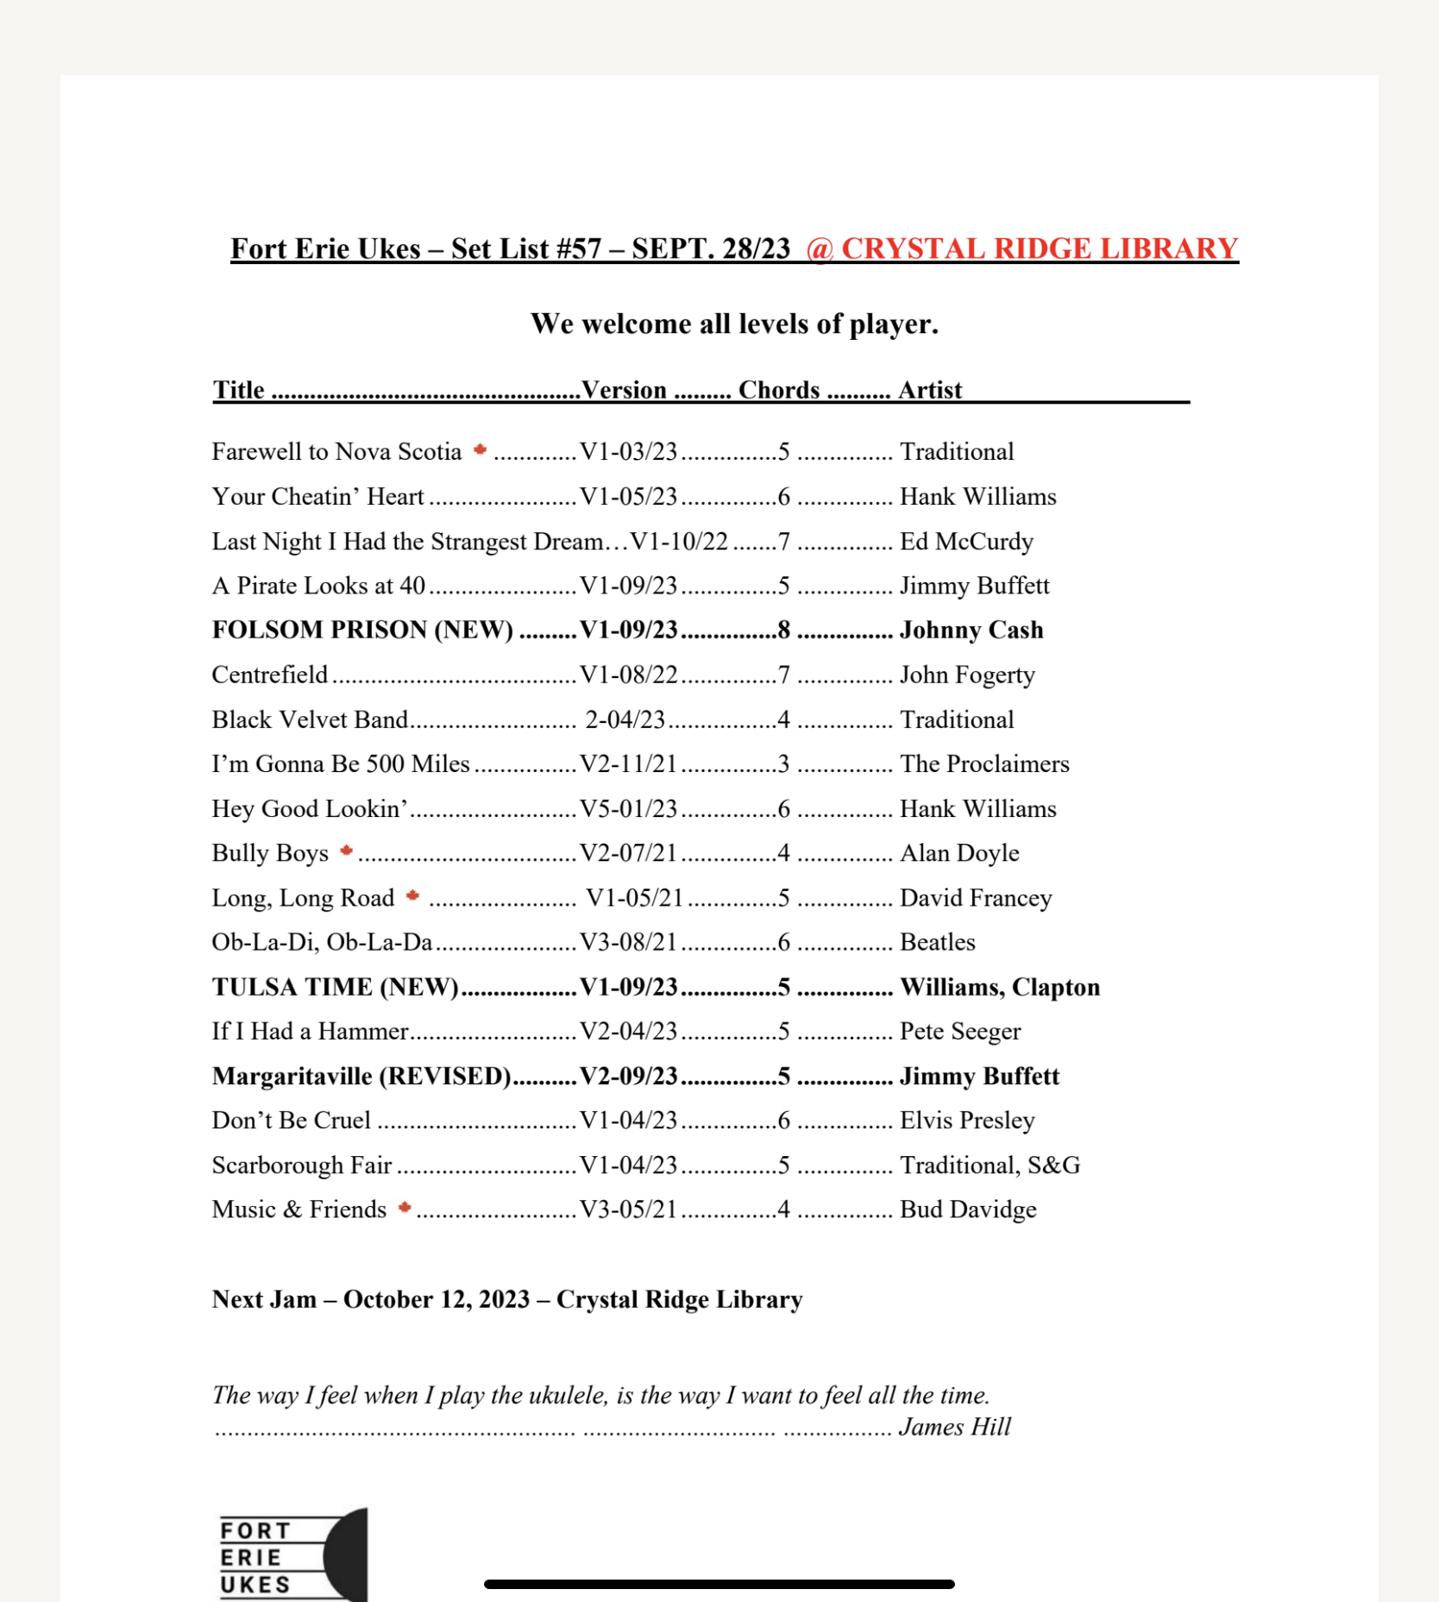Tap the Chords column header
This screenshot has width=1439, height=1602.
778,390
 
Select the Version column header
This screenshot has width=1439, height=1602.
624,390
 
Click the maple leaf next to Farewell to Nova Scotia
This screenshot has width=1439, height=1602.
481,449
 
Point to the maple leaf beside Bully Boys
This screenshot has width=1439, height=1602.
347,851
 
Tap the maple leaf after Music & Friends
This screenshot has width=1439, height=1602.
405,1207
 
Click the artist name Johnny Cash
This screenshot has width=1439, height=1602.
971,630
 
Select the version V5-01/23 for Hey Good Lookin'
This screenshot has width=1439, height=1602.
628,808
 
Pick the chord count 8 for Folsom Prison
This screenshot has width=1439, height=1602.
783,630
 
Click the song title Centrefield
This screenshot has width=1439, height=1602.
270,675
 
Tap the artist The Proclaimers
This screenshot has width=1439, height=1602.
984,763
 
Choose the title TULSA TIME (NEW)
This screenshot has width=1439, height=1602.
336,987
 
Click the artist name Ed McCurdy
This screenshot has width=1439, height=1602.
966,541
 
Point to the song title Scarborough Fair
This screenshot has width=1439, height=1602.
302,1165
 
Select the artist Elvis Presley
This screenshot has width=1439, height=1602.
967,1120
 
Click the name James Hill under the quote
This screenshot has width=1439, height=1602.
954,1427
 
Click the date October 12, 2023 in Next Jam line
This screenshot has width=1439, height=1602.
437,1299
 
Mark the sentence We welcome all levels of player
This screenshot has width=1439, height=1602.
734,324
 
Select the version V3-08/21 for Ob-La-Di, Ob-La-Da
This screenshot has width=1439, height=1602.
628,942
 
